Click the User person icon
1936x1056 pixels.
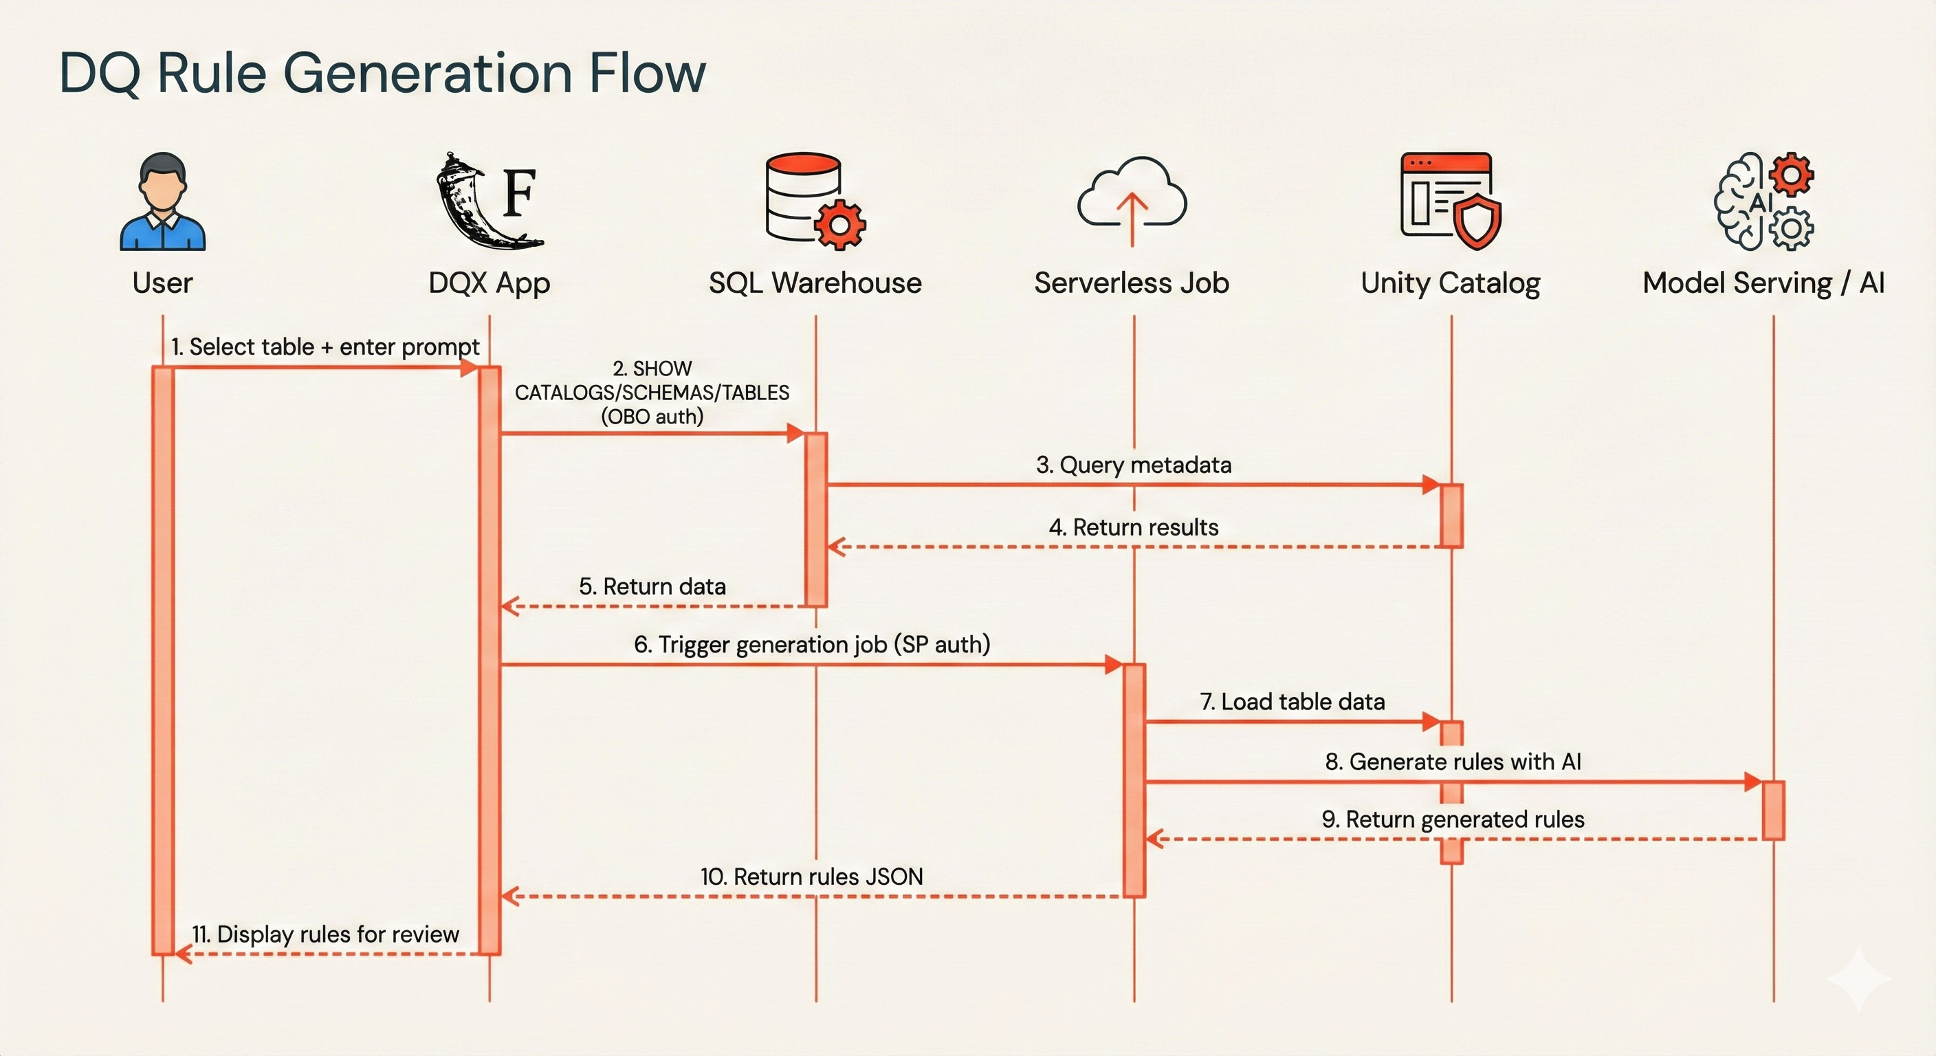click(x=162, y=201)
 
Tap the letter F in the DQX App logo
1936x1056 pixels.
click(x=519, y=193)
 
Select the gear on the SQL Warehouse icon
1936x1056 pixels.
click(x=840, y=224)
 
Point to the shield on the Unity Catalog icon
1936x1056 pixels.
click(x=1476, y=223)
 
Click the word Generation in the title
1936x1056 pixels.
click(x=427, y=73)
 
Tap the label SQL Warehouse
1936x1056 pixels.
click(x=815, y=283)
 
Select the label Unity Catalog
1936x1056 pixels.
click(x=1451, y=283)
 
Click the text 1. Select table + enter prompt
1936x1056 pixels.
click(x=324, y=346)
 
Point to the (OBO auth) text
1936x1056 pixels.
click(x=652, y=417)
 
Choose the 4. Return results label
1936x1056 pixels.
click(x=1133, y=527)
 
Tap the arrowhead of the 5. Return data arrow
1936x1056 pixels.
click(x=509, y=606)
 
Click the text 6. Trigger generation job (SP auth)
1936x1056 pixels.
click(x=812, y=644)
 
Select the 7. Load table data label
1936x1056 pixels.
click(x=1292, y=701)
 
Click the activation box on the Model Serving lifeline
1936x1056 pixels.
click(x=1773, y=811)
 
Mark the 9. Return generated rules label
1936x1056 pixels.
click(x=1453, y=819)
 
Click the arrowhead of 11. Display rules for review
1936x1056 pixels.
click(x=183, y=954)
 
